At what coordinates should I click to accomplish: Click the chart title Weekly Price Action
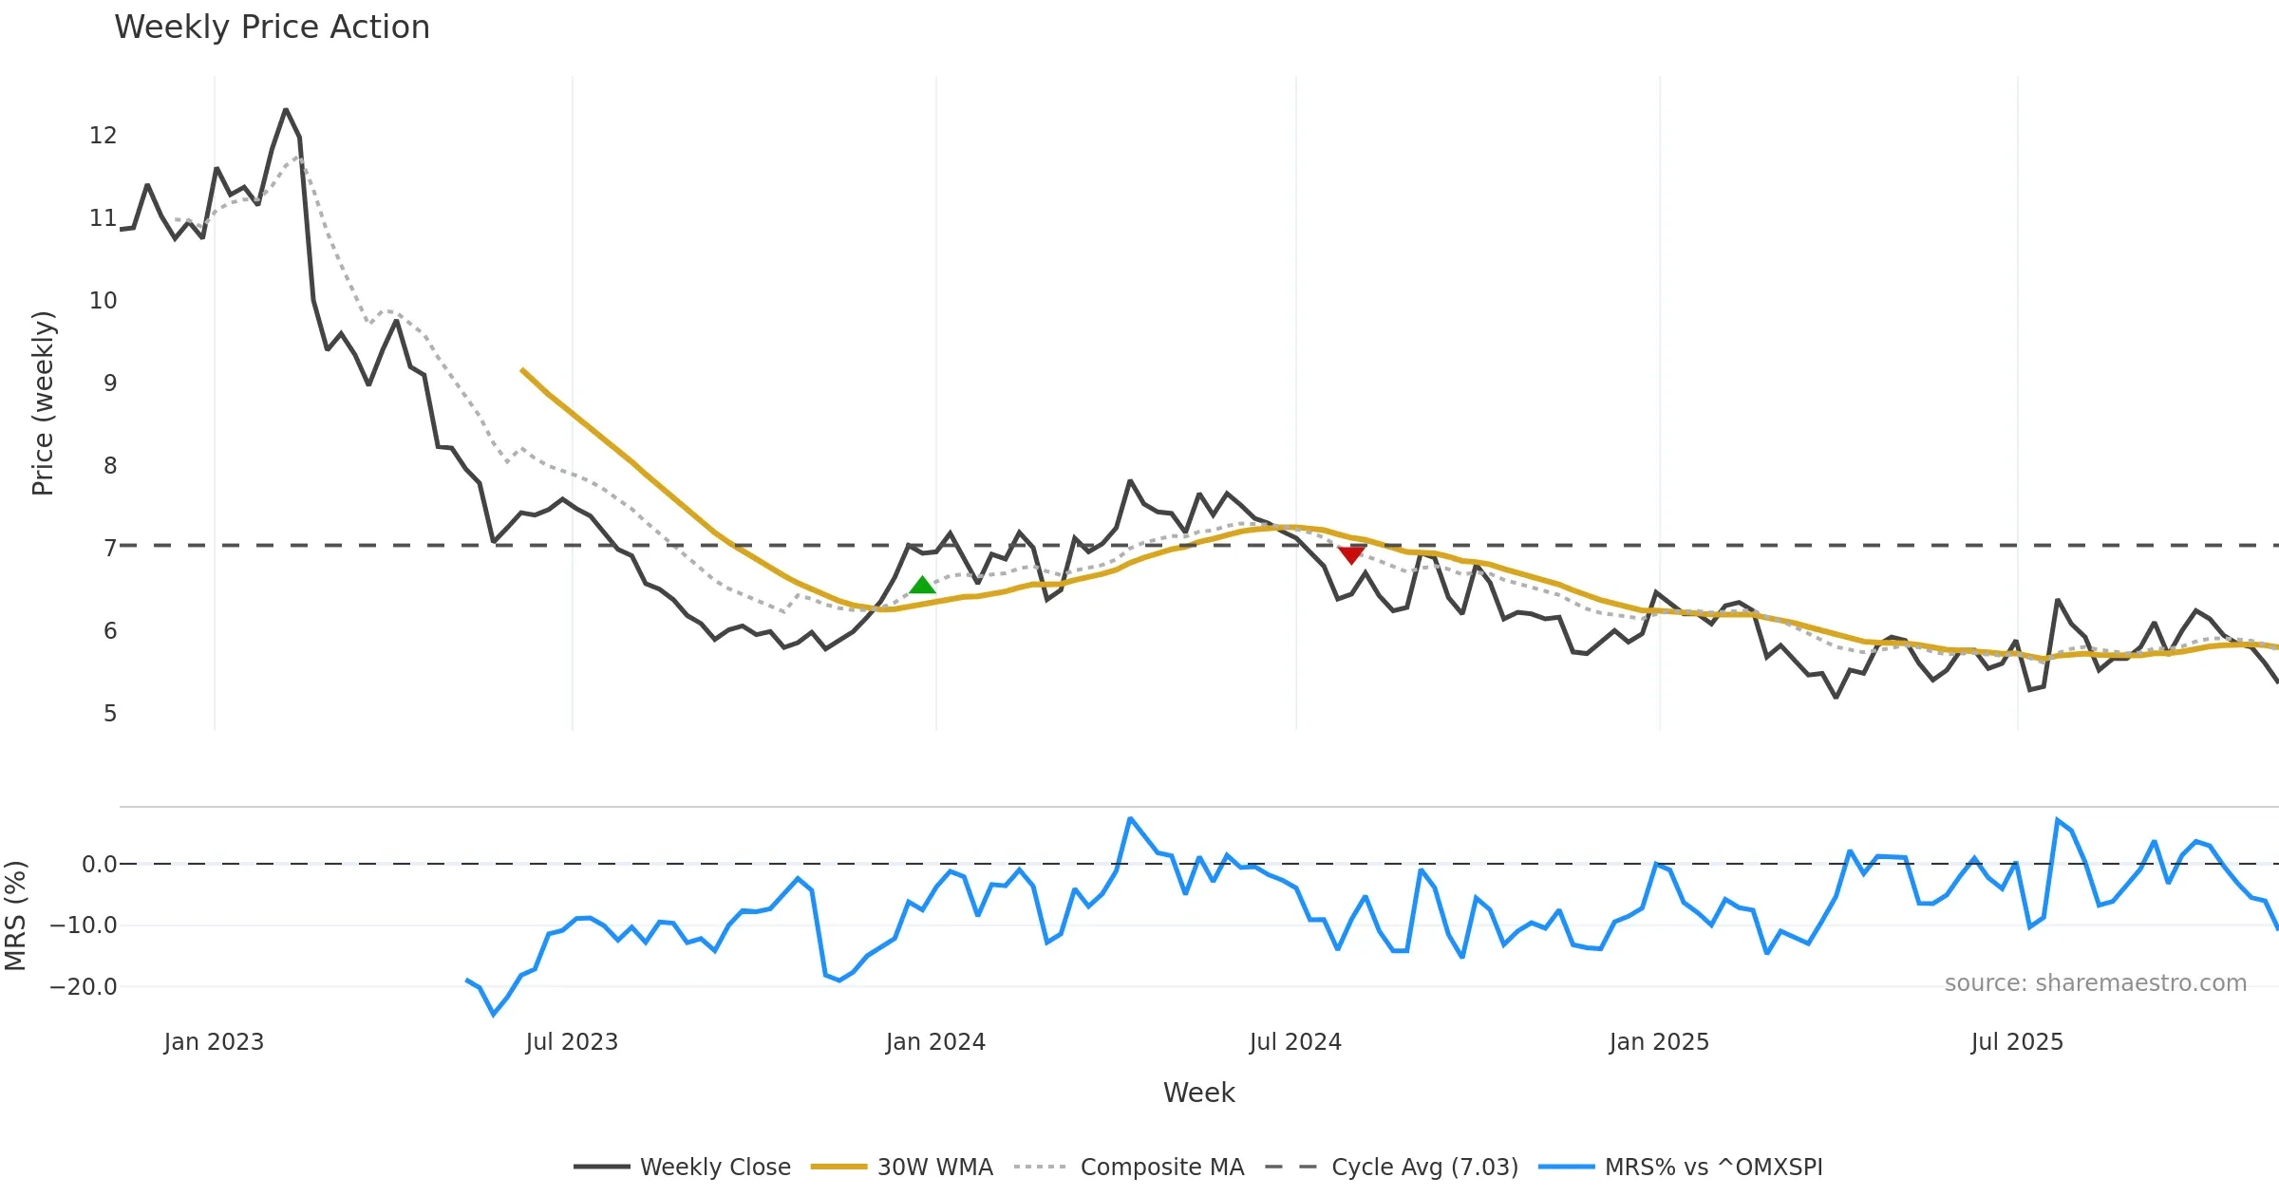click(272, 28)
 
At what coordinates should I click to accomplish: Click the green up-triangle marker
click(922, 586)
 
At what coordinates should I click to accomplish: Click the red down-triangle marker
click(1351, 554)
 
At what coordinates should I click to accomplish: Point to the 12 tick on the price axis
click(103, 136)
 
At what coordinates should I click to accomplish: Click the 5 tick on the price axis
click(110, 714)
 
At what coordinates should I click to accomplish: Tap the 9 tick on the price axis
click(110, 383)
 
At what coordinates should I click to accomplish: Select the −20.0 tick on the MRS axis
click(84, 987)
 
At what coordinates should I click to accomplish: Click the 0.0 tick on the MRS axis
click(99, 865)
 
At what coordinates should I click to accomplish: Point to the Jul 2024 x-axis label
click(1295, 1042)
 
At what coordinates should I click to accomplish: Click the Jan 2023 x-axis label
click(214, 1042)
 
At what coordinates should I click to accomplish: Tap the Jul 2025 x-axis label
click(2017, 1042)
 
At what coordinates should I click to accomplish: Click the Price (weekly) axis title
click(44, 403)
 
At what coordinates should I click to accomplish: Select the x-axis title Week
click(1198, 1093)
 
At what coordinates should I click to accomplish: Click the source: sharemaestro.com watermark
click(2095, 983)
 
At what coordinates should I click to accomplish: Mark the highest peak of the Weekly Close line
click(286, 110)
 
